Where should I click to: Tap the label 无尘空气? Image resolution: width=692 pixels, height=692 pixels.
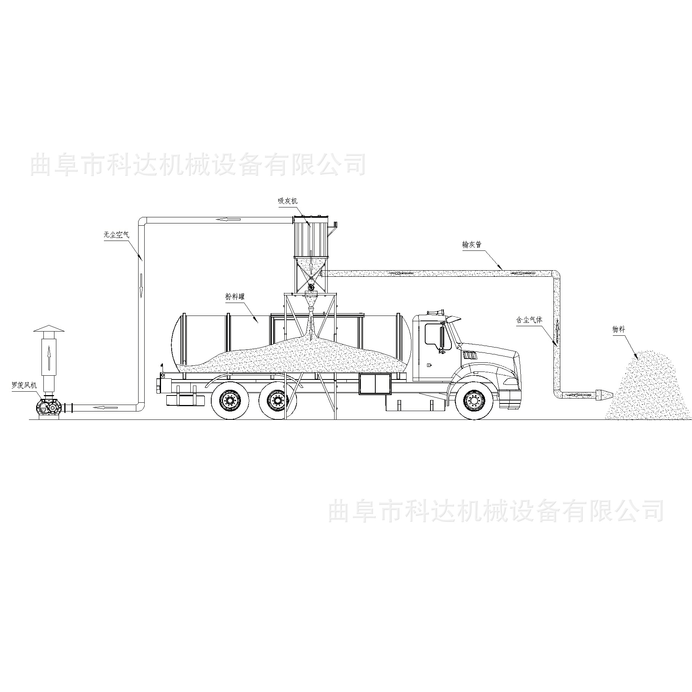pyautogui.click(x=116, y=235)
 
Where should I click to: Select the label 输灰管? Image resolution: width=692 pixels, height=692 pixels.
pyautogui.click(x=472, y=244)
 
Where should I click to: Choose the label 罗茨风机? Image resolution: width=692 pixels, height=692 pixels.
pyautogui.click(x=24, y=386)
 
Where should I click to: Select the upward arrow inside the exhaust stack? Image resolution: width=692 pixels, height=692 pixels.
pyautogui.click(x=49, y=356)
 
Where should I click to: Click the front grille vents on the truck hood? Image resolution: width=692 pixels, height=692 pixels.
pyautogui.click(x=469, y=355)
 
